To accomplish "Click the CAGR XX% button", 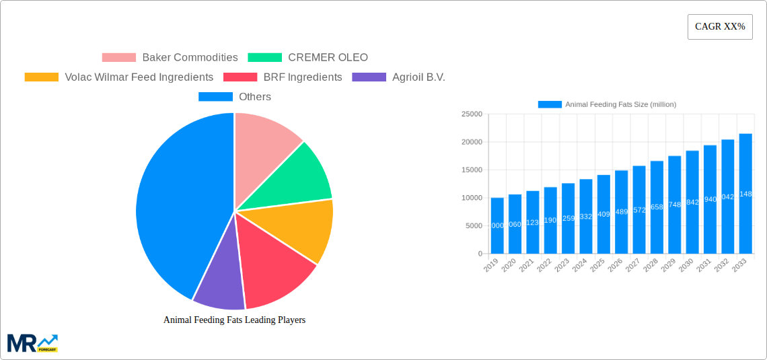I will (x=720, y=27).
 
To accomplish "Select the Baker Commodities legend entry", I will (x=170, y=58).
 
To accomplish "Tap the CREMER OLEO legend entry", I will (x=308, y=58).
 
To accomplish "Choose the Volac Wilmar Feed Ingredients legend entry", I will (x=119, y=77).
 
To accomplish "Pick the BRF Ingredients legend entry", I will (x=283, y=77).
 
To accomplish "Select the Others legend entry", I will (x=235, y=97).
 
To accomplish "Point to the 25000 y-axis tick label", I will (x=471, y=114).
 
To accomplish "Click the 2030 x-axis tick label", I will (x=686, y=266).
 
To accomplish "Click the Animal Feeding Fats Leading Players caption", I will (x=234, y=320).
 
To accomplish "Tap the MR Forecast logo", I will (x=32, y=343).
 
